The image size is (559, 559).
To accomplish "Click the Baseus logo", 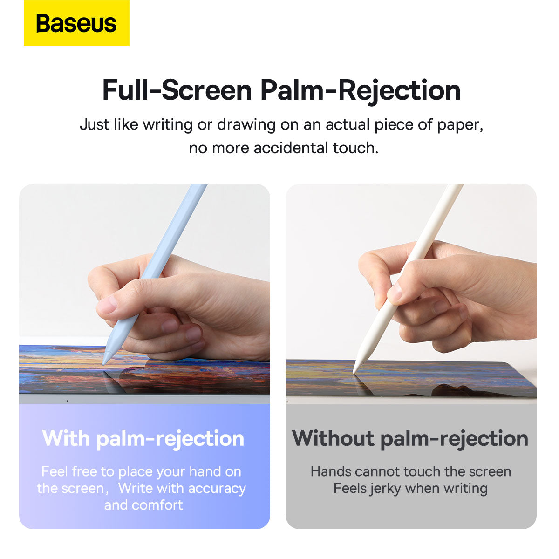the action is click(x=76, y=23).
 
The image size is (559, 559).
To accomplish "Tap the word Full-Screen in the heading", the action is click(x=177, y=90).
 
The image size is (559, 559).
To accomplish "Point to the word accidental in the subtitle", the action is click(x=291, y=148).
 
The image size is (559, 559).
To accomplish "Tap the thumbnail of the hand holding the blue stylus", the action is click(x=107, y=305).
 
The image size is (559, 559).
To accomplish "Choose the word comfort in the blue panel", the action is click(x=157, y=505).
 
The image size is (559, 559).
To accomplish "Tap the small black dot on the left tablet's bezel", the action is click(x=67, y=401).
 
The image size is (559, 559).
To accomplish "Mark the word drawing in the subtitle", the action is click(x=246, y=125).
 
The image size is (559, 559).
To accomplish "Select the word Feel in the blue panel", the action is click(x=55, y=472).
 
